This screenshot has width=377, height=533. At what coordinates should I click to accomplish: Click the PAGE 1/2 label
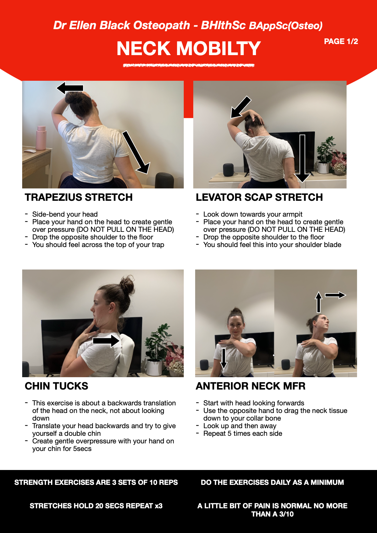click(x=341, y=41)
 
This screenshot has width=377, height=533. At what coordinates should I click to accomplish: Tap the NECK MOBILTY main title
click(x=188, y=48)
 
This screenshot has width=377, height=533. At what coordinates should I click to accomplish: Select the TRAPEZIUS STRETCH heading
click(x=79, y=197)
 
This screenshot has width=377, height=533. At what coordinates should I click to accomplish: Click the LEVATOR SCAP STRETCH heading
click(x=259, y=197)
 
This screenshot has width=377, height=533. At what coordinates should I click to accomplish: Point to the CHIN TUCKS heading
click(x=56, y=386)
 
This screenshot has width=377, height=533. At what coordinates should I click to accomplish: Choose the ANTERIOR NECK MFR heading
click(x=250, y=386)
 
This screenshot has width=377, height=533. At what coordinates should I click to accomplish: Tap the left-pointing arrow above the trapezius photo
click(x=70, y=88)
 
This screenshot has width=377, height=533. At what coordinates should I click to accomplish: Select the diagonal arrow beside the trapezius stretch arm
click(x=136, y=152)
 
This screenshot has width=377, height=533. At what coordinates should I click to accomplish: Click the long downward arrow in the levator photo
click(x=302, y=158)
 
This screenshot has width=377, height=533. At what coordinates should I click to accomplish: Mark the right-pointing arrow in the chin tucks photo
click(x=106, y=341)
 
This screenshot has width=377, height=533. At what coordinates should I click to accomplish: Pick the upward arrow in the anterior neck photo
click(x=318, y=302)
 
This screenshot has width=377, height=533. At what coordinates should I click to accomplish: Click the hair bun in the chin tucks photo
click(x=127, y=284)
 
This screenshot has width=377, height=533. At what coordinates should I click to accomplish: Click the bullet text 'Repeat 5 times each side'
click(x=243, y=434)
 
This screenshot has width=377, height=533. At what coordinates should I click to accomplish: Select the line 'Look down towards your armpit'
click(x=253, y=214)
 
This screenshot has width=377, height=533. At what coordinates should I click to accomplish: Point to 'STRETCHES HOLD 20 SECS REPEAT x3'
click(x=96, y=506)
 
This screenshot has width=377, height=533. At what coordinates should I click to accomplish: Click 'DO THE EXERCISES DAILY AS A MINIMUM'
click(x=272, y=482)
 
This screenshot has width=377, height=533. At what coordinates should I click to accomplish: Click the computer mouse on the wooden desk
click(x=30, y=151)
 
